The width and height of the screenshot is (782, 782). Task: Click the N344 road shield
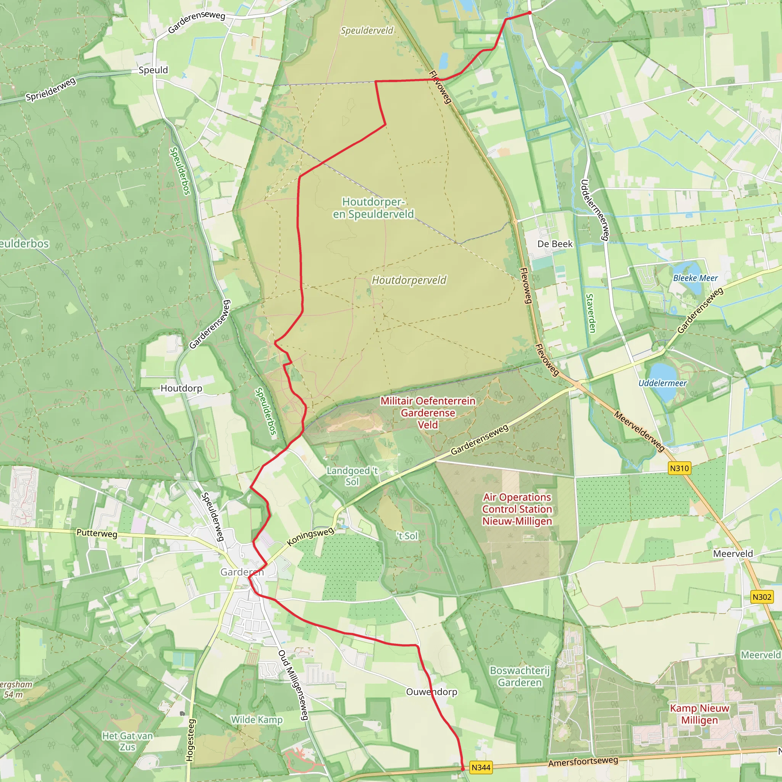[x=481, y=767]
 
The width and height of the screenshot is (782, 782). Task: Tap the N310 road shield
[x=679, y=468]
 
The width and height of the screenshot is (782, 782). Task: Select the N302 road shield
[x=762, y=597]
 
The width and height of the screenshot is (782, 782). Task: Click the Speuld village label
[x=153, y=70]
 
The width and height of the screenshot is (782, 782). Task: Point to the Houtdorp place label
[x=181, y=388]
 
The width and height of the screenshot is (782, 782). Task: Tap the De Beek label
[x=555, y=244]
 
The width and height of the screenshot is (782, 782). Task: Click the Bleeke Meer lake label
[x=695, y=278]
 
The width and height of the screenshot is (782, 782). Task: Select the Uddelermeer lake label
[x=662, y=383]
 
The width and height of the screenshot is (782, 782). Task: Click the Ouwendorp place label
[x=431, y=692]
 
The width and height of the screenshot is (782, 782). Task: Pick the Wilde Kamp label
[x=257, y=720]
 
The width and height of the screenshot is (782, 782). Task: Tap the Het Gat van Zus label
[x=128, y=741]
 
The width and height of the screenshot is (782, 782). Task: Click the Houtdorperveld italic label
[x=409, y=280]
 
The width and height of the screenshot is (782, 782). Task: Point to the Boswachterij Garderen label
[x=520, y=676]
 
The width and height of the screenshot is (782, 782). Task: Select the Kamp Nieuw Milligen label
[x=700, y=714]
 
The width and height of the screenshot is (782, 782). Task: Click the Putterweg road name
[x=97, y=533]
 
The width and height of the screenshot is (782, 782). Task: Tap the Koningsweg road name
[x=310, y=536]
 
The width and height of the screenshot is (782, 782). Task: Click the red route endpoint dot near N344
[x=463, y=768]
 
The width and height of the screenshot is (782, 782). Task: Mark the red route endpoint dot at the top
[x=530, y=13]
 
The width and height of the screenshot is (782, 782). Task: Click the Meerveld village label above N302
[x=733, y=554]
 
